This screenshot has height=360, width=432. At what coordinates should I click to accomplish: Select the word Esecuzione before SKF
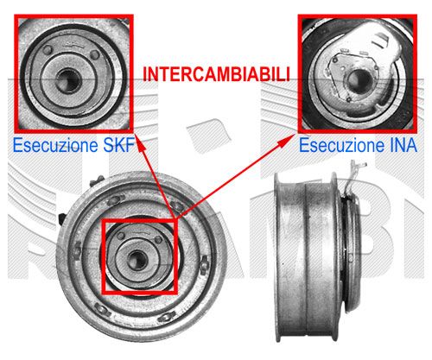point(51,146)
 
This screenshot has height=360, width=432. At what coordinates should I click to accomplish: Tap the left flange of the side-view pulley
point(277,257)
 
